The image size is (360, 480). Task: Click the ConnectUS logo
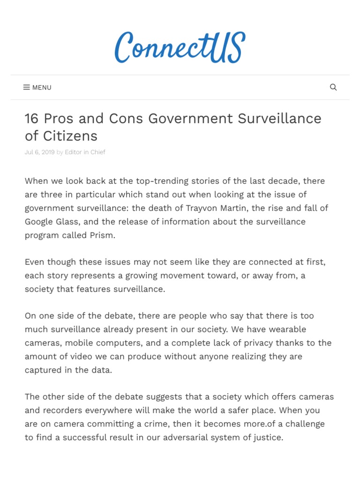click(x=180, y=47)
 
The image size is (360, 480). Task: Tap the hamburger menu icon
click(x=27, y=87)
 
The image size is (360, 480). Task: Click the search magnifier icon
click(x=333, y=87)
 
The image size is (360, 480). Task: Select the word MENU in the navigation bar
click(x=42, y=88)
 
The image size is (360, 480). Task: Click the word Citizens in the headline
click(x=68, y=136)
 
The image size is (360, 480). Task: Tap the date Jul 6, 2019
click(x=39, y=152)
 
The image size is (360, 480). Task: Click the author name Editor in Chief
click(x=85, y=152)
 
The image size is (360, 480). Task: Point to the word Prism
click(x=101, y=235)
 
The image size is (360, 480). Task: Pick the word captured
click(x=43, y=370)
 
